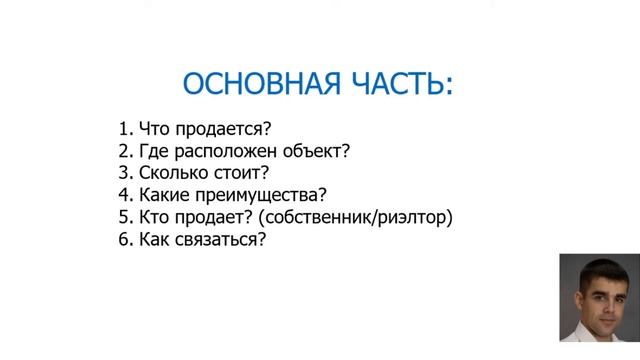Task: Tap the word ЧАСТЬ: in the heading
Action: [399, 83]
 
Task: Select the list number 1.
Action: [123, 129]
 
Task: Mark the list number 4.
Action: [123, 195]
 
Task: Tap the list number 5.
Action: [123, 217]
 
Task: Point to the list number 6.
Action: [123, 239]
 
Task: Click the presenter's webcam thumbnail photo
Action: [598, 298]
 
